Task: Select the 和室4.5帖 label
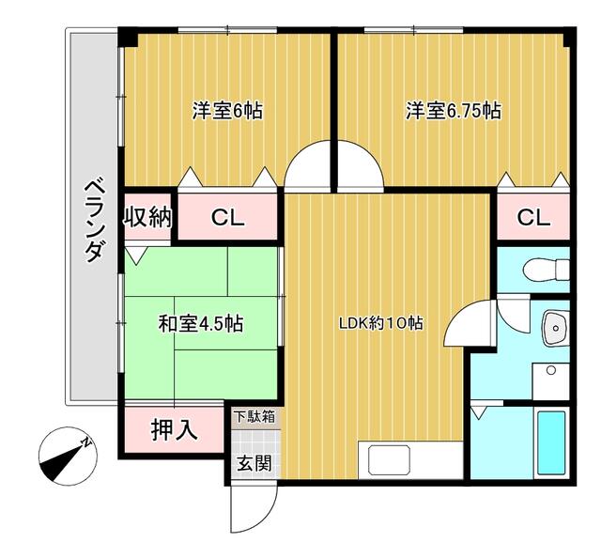(200, 324)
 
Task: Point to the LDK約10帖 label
(380, 324)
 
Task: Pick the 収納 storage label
(148, 217)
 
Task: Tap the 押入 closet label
(174, 430)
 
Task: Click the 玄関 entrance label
(253, 462)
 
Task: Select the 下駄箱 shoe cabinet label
(254, 415)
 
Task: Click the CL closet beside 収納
(227, 218)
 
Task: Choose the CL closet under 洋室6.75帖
(532, 218)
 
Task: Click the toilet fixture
(548, 269)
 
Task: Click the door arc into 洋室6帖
(310, 169)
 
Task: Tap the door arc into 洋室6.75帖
(361, 169)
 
